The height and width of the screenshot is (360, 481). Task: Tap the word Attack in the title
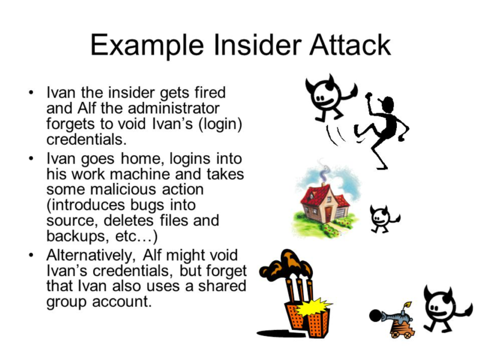(350, 45)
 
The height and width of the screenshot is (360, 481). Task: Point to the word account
(122, 302)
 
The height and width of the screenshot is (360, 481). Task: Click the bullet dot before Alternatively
(31, 255)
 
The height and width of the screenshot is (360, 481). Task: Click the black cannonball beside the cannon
(375, 316)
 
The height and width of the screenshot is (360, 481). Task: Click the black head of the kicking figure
(388, 105)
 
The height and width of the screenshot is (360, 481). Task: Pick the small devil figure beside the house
(383, 219)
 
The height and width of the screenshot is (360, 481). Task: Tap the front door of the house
(328, 214)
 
